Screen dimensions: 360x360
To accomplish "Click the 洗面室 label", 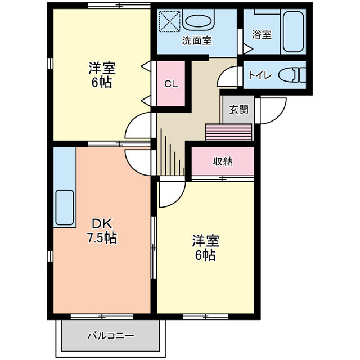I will [197, 40].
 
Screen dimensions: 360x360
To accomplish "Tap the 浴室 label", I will [262, 34].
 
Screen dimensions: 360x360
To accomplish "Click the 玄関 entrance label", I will [238, 109].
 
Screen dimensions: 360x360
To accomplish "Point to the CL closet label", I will [171, 84].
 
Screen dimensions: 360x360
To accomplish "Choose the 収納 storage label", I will [223, 161].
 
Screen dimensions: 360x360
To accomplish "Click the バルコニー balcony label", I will [111, 336].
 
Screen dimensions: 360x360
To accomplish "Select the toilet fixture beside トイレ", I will [293, 74].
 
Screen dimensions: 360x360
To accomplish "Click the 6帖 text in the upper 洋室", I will [101, 82].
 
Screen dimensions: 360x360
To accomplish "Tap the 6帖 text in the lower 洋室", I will [205, 255].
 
